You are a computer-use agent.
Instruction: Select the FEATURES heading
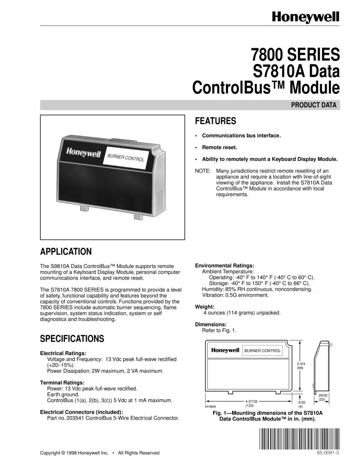215,121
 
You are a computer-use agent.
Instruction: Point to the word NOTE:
203,171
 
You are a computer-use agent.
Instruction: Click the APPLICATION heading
66,252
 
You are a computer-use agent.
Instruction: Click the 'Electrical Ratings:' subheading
63,353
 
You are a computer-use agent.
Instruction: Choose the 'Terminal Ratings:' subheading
63,383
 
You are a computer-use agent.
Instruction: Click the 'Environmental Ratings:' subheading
225,266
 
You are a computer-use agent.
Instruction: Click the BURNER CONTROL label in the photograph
126,158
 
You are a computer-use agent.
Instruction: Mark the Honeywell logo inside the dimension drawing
225,351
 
